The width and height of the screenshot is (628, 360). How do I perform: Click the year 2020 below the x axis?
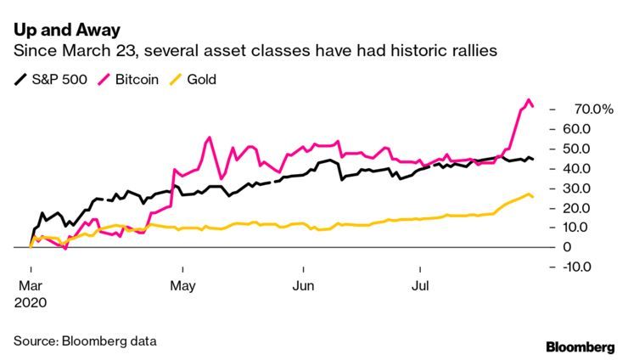coord(32,302)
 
